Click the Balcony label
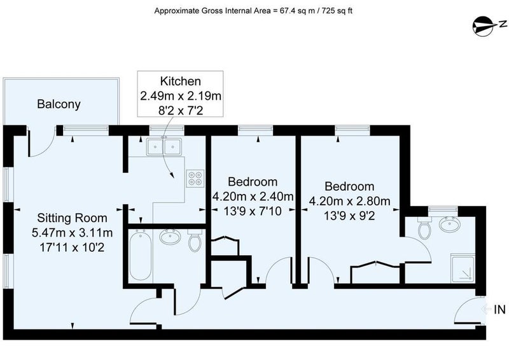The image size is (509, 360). click(x=59, y=104)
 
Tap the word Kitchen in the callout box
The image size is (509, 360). click(x=181, y=81)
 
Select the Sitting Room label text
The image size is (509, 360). click(x=72, y=218)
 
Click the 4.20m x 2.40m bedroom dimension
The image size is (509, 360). click(x=253, y=197)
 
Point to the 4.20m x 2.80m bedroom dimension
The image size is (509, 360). click(x=349, y=201)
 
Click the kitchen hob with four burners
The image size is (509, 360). click(x=195, y=178)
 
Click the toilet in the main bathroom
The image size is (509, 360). click(x=195, y=240)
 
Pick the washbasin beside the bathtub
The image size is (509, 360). click(x=171, y=237)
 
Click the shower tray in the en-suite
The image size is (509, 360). click(x=463, y=268)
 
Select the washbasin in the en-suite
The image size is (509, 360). click(x=449, y=225)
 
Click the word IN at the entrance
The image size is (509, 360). click(x=499, y=310)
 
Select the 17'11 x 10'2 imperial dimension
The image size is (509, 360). click(x=72, y=247)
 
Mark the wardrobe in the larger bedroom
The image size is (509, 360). click(x=375, y=272)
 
